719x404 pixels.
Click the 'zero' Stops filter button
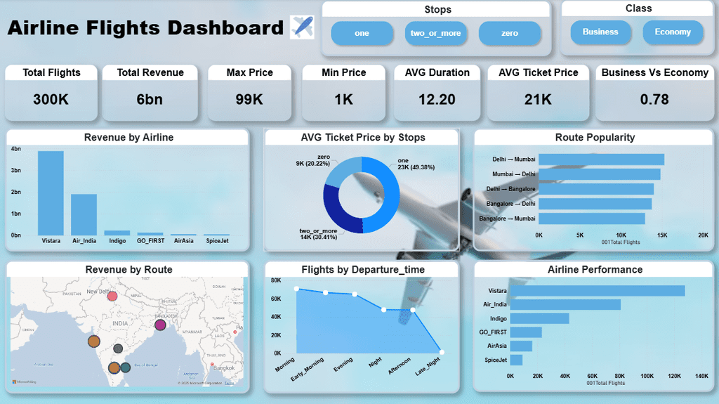tap(510, 33)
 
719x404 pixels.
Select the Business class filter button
tap(600, 32)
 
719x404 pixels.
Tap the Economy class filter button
tap(673, 32)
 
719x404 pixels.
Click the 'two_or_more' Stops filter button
tap(435, 33)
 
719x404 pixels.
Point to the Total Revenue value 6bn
tap(150, 99)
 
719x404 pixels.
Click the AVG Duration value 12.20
tap(437, 99)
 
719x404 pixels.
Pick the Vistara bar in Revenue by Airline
tap(51, 193)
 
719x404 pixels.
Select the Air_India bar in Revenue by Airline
tap(84, 214)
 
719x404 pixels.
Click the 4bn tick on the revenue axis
tap(15, 149)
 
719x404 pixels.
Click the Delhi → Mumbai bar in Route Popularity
tap(601, 159)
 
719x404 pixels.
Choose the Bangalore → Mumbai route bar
tap(591, 219)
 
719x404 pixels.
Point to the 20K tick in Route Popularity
tap(703, 235)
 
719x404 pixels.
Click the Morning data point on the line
tap(296, 289)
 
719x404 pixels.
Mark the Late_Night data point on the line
tap(442, 352)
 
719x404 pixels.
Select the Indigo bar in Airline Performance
tap(539, 318)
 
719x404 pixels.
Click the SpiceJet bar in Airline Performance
tap(516, 360)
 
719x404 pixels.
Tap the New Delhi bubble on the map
tap(112, 296)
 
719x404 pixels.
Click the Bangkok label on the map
tap(225, 368)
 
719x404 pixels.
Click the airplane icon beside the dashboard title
tap(302, 28)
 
